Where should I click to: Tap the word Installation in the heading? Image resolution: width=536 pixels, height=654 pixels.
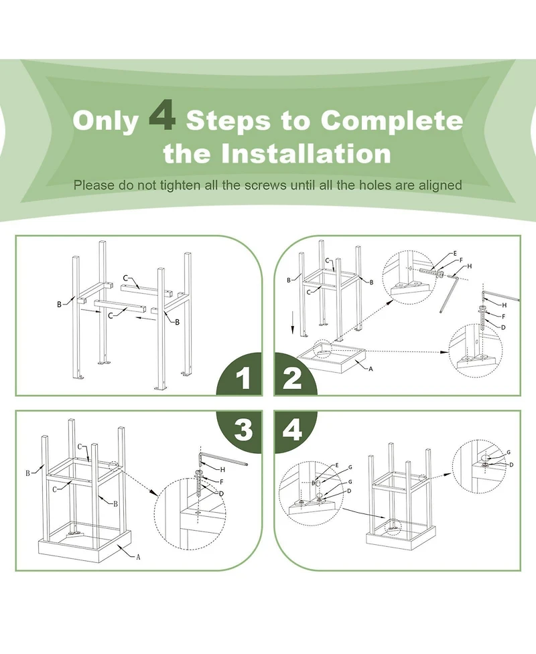pyautogui.click(x=306, y=153)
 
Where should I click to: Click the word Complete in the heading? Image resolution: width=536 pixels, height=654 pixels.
pyautogui.click(x=391, y=120)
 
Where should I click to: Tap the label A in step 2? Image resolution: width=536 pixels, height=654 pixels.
pyautogui.click(x=371, y=369)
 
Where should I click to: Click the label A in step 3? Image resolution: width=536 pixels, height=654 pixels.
pyautogui.click(x=138, y=557)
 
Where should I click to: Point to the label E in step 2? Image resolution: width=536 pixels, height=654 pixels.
pyautogui.click(x=455, y=253)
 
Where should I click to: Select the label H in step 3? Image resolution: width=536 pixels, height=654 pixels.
pyautogui.click(x=222, y=470)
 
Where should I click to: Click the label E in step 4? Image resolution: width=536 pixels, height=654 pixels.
pyautogui.click(x=337, y=465)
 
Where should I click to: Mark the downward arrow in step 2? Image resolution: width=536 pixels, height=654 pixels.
pyautogui.click(x=293, y=322)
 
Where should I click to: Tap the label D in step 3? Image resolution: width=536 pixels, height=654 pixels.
pyautogui.click(x=221, y=494)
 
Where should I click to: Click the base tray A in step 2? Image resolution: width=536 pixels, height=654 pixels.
pyautogui.click(x=332, y=358)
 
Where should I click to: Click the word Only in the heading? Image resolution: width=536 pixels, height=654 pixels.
pyautogui.click(x=105, y=121)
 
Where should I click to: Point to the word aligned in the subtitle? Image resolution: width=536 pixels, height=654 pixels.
pyautogui.click(x=440, y=185)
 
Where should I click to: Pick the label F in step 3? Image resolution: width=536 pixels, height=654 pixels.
pyautogui.click(x=221, y=482)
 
